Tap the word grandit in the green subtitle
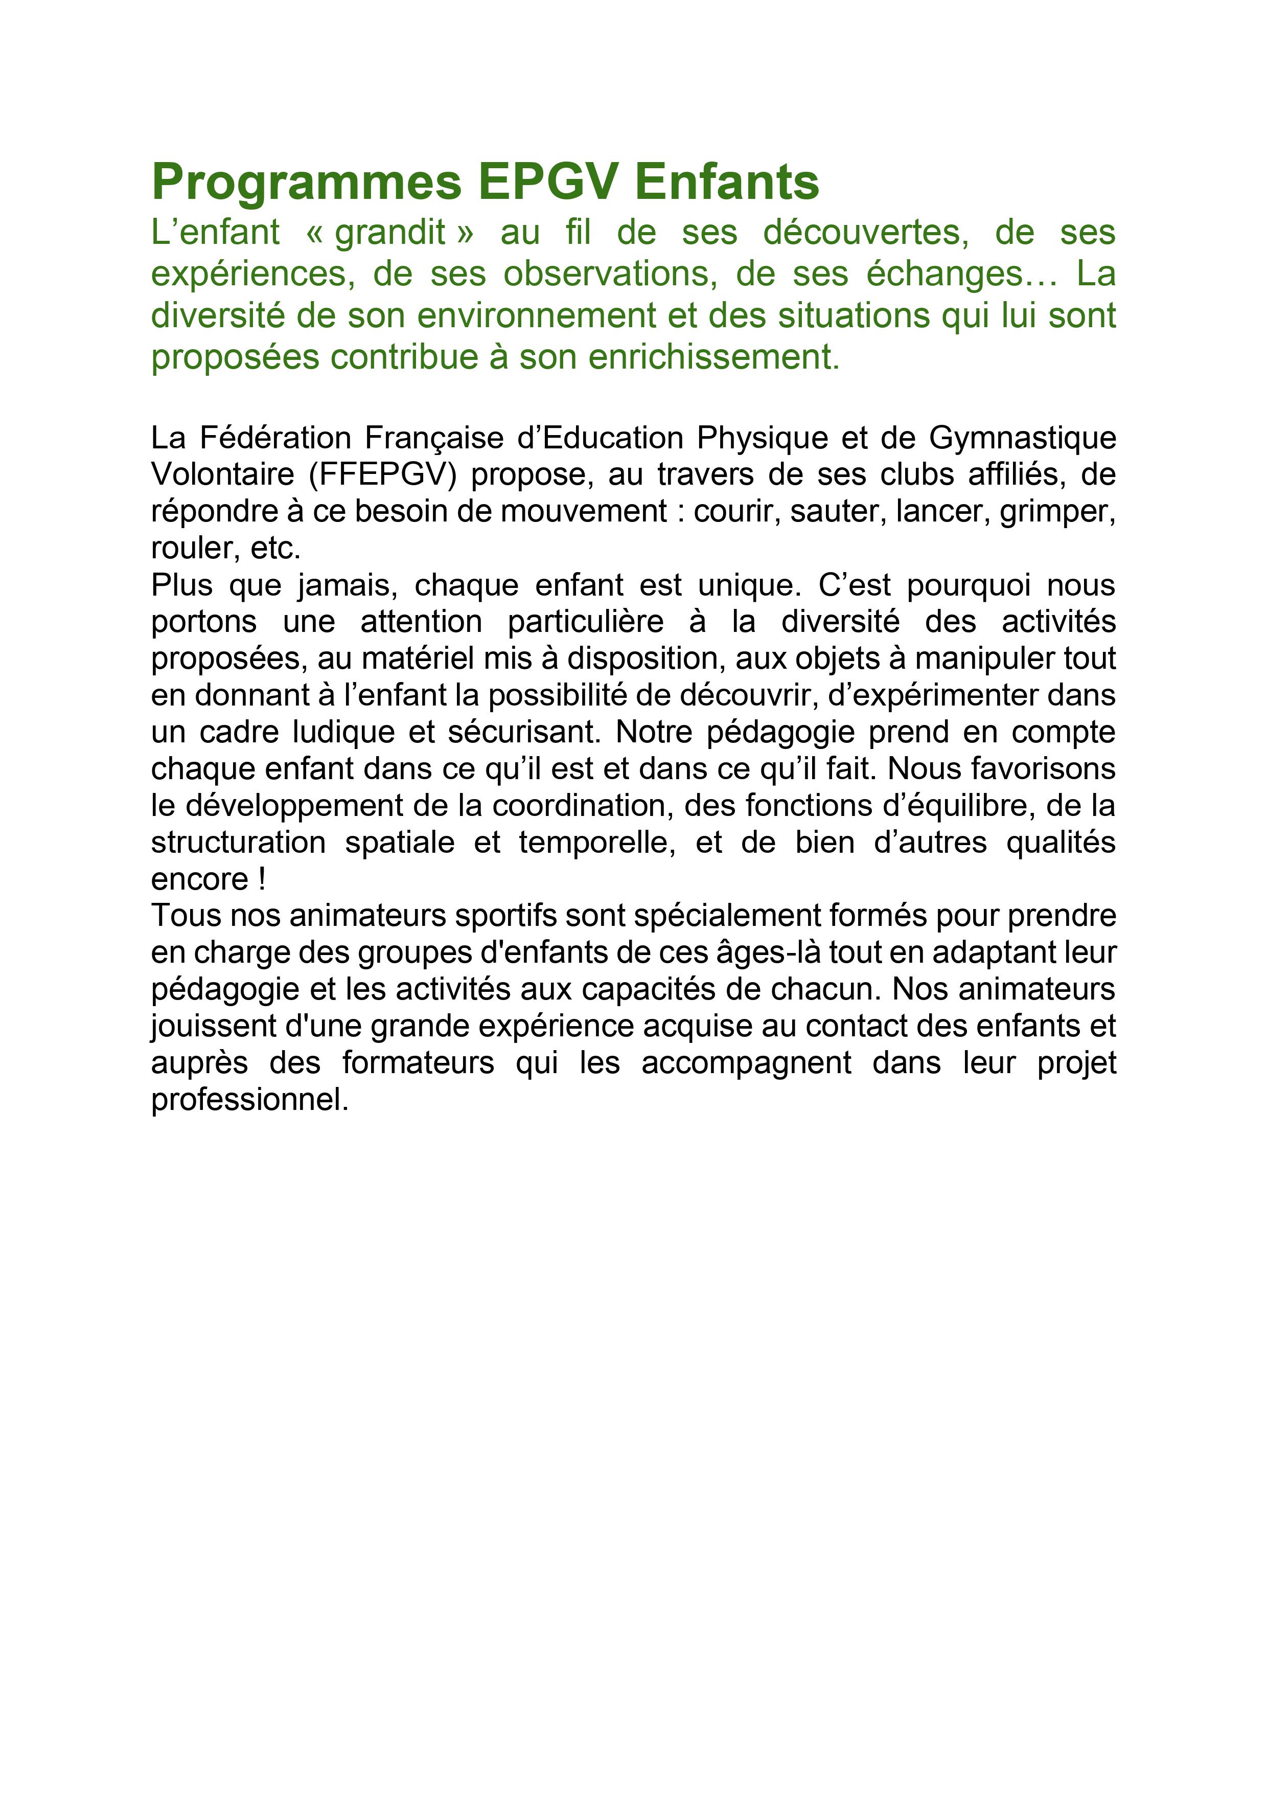(390, 233)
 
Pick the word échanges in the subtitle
(962, 274)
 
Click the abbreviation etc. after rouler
(276, 549)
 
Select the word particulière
(585, 622)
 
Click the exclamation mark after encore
(262, 880)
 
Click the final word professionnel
(249, 1100)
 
